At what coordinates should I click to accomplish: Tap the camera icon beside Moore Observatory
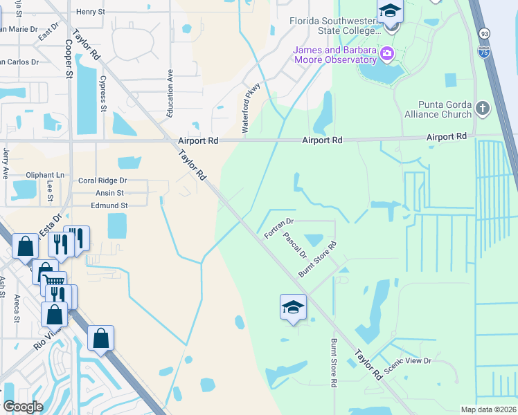(387, 53)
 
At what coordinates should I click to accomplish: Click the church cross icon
(483, 108)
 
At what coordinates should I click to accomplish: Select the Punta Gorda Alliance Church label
(438, 109)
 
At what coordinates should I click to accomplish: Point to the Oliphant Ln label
(44, 176)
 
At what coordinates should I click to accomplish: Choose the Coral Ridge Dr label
(102, 181)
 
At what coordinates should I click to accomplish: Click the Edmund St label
(109, 205)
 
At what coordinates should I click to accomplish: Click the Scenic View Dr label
(408, 365)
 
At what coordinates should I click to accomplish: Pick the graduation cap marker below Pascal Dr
(293, 306)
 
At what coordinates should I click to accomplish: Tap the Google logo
(23, 407)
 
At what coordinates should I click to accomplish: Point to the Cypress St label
(103, 93)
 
